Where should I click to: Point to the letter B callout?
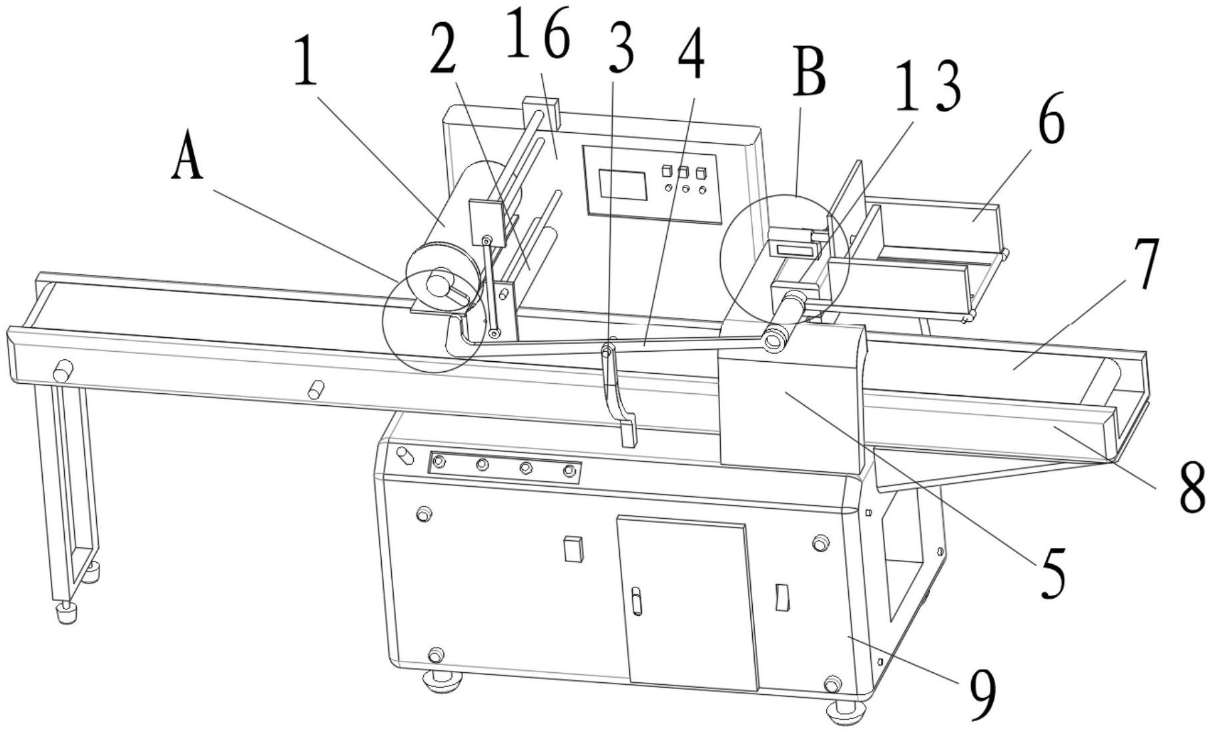810,75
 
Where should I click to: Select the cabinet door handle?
637,600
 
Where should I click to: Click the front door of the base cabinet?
687,604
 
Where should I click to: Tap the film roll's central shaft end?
438,284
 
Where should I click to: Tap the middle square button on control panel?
683,172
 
